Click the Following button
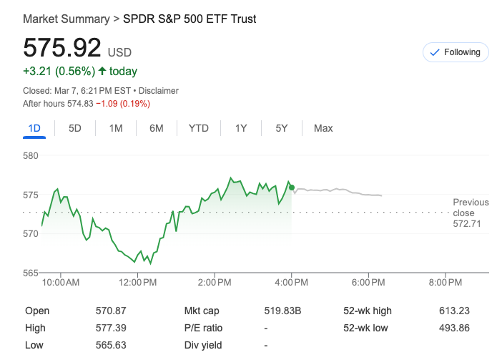(x=456, y=52)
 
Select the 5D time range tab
(x=75, y=128)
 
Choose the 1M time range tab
(x=116, y=128)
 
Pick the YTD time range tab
(x=199, y=128)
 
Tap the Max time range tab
(x=323, y=128)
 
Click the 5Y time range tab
(x=282, y=128)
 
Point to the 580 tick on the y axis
(x=30, y=155)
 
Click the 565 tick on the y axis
(x=30, y=273)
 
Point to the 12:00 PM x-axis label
(x=137, y=283)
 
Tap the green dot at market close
(x=291, y=188)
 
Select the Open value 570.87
(x=110, y=311)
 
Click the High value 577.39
(x=110, y=328)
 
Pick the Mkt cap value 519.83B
(x=282, y=311)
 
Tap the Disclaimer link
(x=158, y=91)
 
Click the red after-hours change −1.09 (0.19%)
(x=123, y=104)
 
